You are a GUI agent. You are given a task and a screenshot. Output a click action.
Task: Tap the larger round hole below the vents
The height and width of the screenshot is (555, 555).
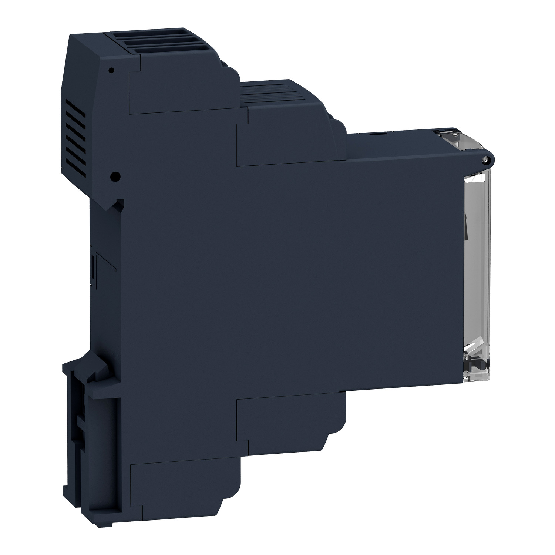point(115,177)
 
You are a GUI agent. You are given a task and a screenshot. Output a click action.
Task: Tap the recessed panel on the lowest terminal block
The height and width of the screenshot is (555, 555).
point(181,498)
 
